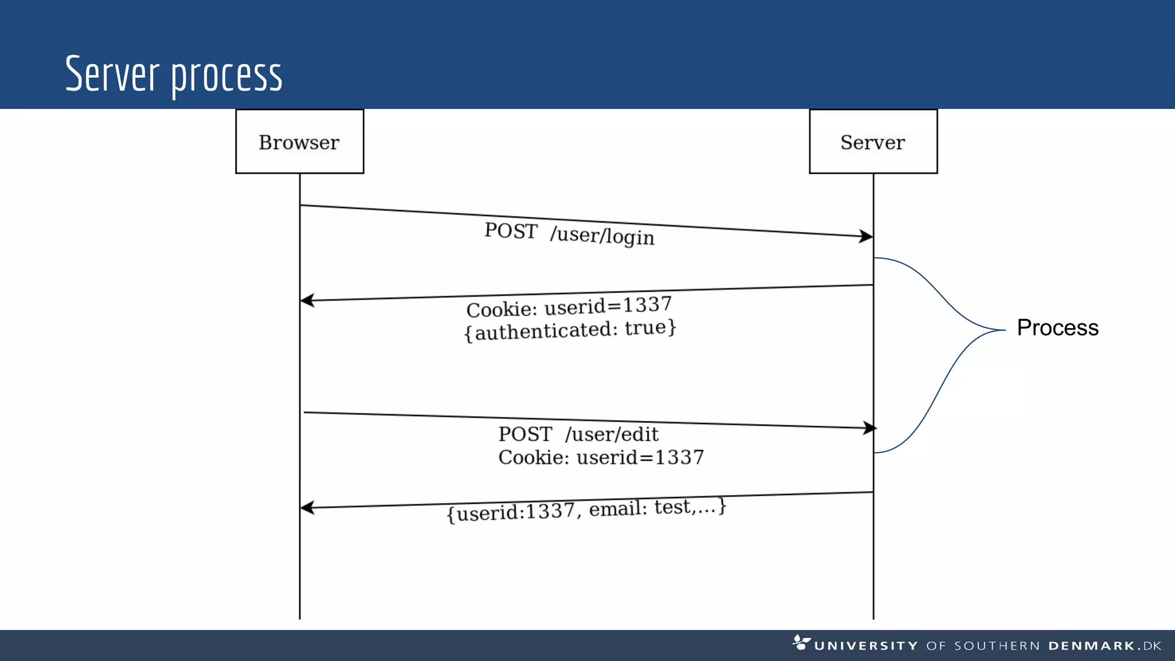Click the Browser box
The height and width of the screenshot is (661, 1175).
[x=299, y=142]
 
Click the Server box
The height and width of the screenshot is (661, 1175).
[x=873, y=142]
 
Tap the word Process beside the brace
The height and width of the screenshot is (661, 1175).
[x=1057, y=328]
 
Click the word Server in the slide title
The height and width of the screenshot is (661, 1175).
[x=112, y=74]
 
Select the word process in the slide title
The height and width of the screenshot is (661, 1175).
[x=227, y=76]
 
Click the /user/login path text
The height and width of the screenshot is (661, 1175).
[x=602, y=235]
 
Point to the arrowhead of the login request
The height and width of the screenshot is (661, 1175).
[x=867, y=236]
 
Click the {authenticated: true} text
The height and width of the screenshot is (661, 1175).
[x=570, y=330]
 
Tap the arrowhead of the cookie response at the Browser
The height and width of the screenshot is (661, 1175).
[x=306, y=300]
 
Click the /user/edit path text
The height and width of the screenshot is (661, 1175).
[x=612, y=434]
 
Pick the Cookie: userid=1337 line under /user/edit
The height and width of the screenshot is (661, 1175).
[x=601, y=457]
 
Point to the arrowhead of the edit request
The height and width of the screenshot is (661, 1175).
[x=870, y=427]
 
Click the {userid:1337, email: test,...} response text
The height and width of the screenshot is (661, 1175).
[x=586, y=510]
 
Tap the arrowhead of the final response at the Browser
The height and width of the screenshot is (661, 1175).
[x=306, y=508]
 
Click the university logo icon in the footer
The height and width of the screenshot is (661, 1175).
[x=801, y=642]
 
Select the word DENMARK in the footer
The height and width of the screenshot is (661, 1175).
[x=1091, y=646]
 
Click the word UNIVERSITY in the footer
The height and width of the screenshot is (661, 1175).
[x=866, y=646]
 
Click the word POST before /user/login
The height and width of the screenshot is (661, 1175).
[x=511, y=231]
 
